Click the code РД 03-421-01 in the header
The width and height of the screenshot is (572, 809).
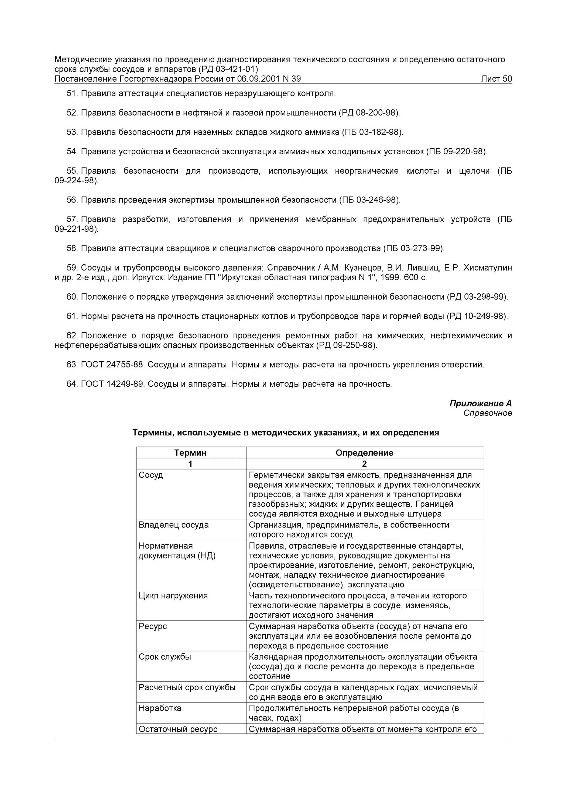tap(228, 69)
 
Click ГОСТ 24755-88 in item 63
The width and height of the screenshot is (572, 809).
tap(112, 365)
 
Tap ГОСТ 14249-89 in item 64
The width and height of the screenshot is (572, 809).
tap(112, 384)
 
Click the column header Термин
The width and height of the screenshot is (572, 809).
tap(190, 453)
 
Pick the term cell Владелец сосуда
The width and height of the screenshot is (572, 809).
tap(173, 525)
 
